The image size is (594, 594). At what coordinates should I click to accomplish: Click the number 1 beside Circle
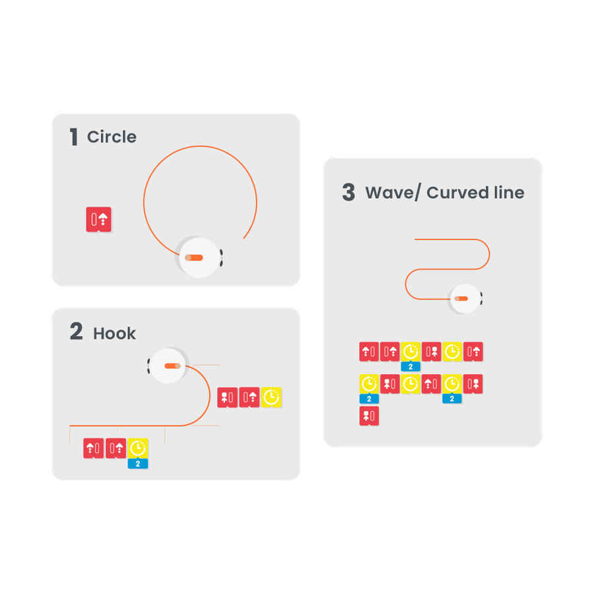pyautogui.click(x=74, y=137)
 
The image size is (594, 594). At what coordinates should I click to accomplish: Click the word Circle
pyautogui.click(x=112, y=137)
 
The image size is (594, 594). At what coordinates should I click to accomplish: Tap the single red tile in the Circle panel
pyautogui.click(x=99, y=220)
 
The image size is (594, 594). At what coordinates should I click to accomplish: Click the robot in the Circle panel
pyautogui.click(x=199, y=257)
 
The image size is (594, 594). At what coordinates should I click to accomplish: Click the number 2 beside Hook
pyautogui.click(x=76, y=332)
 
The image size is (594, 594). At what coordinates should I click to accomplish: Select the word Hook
pyautogui.click(x=114, y=333)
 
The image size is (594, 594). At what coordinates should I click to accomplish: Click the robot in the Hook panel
pyautogui.click(x=168, y=365)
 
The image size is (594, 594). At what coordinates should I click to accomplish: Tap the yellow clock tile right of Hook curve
pyautogui.click(x=271, y=397)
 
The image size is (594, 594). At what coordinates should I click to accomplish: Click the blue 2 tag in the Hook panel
pyautogui.click(x=138, y=464)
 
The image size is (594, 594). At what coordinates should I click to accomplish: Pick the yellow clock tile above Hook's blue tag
pyautogui.click(x=138, y=448)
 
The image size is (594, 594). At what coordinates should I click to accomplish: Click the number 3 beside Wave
pyautogui.click(x=348, y=193)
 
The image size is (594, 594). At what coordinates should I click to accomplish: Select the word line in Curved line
pyautogui.click(x=509, y=193)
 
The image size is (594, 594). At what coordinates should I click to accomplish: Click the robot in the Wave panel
pyautogui.click(x=464, y=298)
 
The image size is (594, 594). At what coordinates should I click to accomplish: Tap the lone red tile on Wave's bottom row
pyautogui.click(x=369, y=416)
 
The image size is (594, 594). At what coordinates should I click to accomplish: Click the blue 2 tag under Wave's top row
pyautogui.click(x=411, y=367)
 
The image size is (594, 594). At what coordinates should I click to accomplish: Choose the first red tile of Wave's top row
pyautogui.click(x=369, y=352)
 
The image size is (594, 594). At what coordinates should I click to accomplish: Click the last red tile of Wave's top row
pyautogui.click(x=473, y=352)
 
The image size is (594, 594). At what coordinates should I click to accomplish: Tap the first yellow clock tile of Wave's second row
pyautogui.click(x=369, y=383)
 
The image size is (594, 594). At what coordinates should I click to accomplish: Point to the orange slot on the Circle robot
pyautogui.click(x=195, y=257)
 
